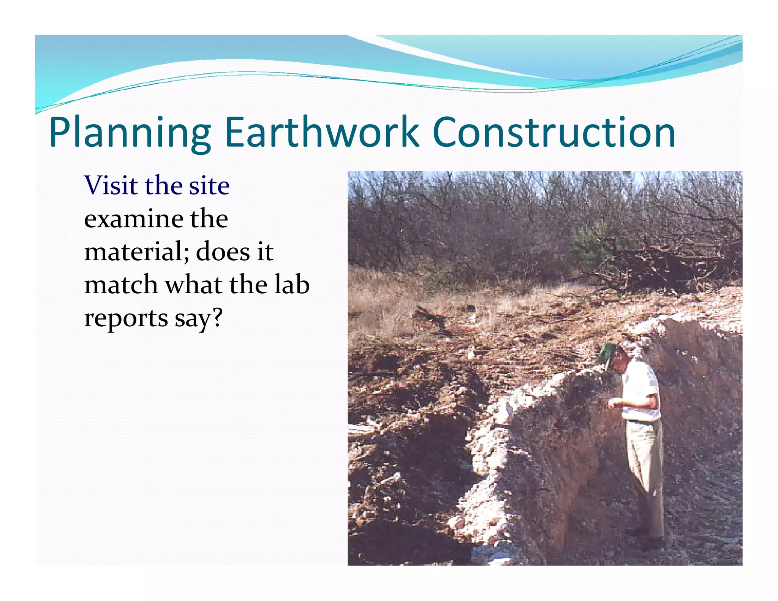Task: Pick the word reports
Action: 126,318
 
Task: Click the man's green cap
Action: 607,351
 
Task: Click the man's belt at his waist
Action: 642,421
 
